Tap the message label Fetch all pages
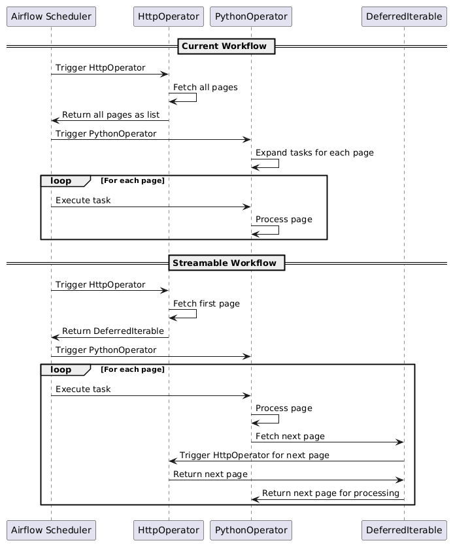[205, 87]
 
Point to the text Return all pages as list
[110, 115]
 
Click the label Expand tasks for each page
[314, 153]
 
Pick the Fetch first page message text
[207, 303]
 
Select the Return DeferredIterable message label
[112, 331]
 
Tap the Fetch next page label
[290, 437]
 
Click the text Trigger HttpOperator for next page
[254, 456]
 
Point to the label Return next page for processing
[331, 493]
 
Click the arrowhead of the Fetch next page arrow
[401, 442]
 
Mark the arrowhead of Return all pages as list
[55, 121]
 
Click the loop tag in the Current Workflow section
[65, 181]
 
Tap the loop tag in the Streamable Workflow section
[65, 370]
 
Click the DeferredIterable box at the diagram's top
[404, 16]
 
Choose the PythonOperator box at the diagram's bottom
[251, 530]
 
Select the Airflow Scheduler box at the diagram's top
[51, 16]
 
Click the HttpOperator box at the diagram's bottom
[169, 530]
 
